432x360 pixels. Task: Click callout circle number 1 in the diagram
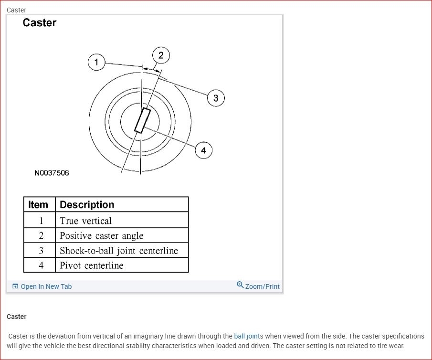[96, 62]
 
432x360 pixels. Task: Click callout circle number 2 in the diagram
[161, 55]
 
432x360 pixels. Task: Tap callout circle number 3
[216, 98]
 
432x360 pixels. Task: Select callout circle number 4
[203, 150]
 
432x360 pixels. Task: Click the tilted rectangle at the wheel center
[142, 120]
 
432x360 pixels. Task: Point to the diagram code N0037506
[52, 173]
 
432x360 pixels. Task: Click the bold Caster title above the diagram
[40, 23]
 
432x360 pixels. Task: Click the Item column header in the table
[38, 205]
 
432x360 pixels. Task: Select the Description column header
[87, 205]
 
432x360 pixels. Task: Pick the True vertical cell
[86, 221]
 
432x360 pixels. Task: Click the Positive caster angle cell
[102, 236]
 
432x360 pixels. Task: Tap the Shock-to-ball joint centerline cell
[119, 251]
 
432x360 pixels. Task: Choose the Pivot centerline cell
[92, 265]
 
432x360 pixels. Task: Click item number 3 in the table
[41, 251]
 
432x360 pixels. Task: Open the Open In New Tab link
[46, 286]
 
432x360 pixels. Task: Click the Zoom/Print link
[262, 286]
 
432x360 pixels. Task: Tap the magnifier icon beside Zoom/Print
[240, 285]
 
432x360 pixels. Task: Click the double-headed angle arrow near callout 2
[152, 70]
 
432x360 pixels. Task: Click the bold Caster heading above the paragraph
[17, 317]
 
